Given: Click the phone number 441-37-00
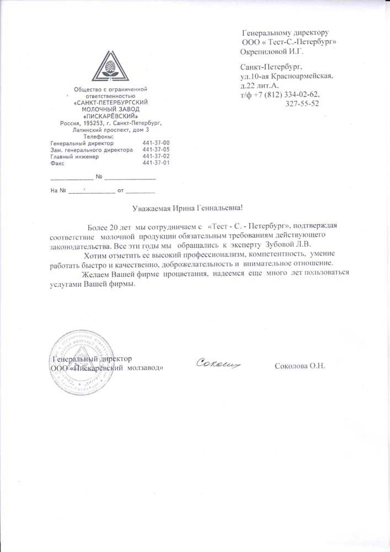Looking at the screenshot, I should point(156,143).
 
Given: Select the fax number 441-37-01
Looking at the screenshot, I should point(156,163).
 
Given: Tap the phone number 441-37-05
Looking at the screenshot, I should point(156,150).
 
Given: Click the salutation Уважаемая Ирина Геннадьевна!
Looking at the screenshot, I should point(188,208).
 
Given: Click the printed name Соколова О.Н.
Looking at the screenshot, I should point(300,366).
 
